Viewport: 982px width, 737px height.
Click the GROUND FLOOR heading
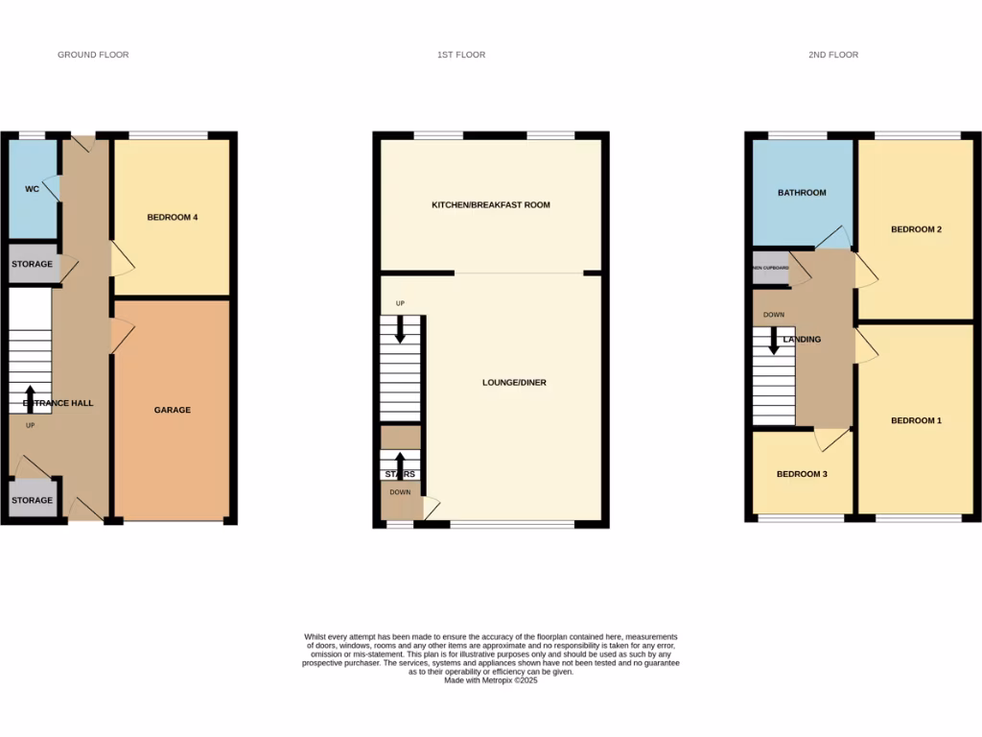coord(93,55)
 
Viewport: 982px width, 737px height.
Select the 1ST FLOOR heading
coord(461,55)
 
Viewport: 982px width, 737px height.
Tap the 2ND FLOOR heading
coord(832,55)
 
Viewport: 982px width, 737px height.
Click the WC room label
coord(32,189)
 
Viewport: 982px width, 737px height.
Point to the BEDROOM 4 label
coord(173,217)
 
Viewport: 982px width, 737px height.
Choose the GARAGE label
coord(173,410)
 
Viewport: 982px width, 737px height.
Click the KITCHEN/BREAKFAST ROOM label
coord(491,204)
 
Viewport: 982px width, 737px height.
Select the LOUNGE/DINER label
coord(514,382)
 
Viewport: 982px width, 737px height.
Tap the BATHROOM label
coord(802,192)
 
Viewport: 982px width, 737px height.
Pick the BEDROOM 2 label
coord(916,229)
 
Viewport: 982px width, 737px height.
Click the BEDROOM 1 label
coord(916,420)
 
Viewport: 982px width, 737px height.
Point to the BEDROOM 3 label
coord(802,474)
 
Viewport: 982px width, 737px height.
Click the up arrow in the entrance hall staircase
coord(31,397)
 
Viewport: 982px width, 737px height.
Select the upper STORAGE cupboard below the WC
coord(32,264)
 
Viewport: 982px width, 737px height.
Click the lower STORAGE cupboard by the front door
coord(32,500)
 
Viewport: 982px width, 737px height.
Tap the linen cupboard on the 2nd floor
coord(770,268)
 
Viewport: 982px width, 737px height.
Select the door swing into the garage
coord(122,334)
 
